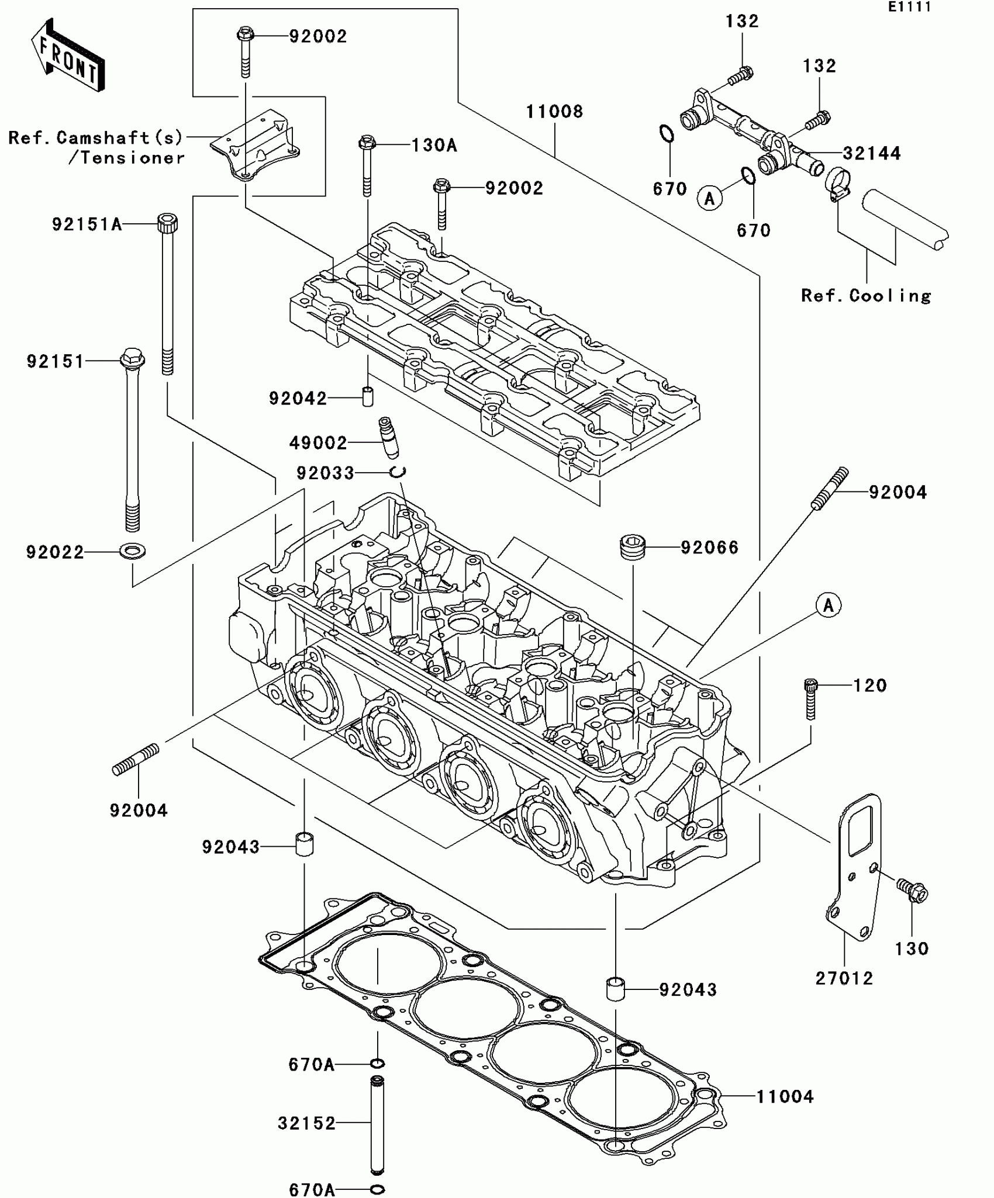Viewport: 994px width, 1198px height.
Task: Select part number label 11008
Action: pyautogui.click(x=554, y=112)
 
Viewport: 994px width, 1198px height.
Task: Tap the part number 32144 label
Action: pyautogui.click(x=871, y=154)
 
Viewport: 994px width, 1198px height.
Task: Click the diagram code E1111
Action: pyautogui.click(x=909, y=8)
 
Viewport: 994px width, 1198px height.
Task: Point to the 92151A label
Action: pyautogui.click(x=87, y=224)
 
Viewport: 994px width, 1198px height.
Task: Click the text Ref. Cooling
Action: pyautogui.click(x=866, y=296)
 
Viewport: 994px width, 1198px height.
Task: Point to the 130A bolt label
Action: pyautogui.click(x=434, y=146)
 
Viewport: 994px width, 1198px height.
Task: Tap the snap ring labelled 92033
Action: pyautogui.click(x=399, y=472)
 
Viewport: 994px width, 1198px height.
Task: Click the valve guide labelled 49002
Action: pyautogui.click(x=387, y=438)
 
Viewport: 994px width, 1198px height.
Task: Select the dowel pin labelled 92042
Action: pyautogui.click(x=368, y=396)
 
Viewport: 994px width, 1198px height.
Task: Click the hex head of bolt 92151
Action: pyautogui.click(x=133, y=357)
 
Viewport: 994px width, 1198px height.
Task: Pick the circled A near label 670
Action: pyautogui.click(x=709, y=199)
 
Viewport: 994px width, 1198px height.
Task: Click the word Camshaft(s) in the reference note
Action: pyautogui.click(x=119, y=138)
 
